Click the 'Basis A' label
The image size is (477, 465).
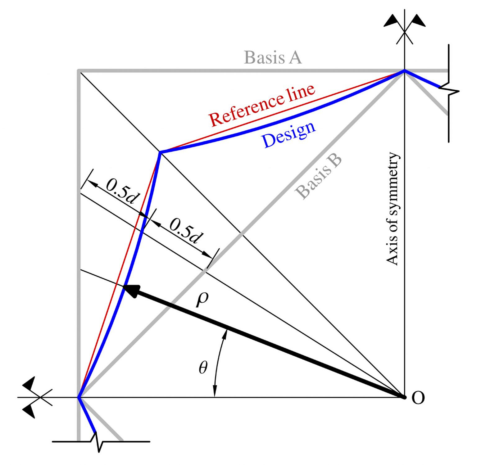(x=273, y=57)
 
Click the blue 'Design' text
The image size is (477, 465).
(x=289, y=135)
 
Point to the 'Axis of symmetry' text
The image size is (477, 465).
(x=392, y=208)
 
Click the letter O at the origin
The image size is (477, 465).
(x=418, y=398)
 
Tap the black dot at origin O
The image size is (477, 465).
(x=404, y=397)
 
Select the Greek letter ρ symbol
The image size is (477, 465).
(x=202, y=299)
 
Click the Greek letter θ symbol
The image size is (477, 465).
(x=203, y=368)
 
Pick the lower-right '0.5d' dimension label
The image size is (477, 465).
(x=186, y=231)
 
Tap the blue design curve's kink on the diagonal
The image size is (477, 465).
(x=160, y=152)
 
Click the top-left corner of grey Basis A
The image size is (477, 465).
(x=79, y=71)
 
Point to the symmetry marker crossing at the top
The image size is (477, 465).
(x=404, y=31)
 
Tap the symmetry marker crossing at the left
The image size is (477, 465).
(x=40, y=397)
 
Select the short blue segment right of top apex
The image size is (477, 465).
(x=422, y=79)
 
